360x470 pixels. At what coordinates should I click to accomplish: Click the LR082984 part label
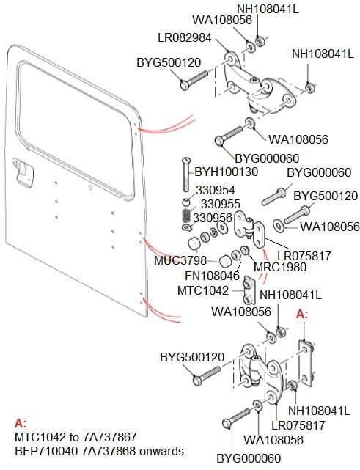(185, 38)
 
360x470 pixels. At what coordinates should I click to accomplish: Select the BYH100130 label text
(227, 172)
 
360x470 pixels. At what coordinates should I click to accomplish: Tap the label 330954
(216, 190)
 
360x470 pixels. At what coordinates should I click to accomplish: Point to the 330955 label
(221, 204)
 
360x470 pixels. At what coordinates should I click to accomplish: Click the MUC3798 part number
(180, 260)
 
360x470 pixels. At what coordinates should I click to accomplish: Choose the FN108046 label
(212, 276)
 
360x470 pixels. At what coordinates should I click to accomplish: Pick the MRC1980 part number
(280, 267)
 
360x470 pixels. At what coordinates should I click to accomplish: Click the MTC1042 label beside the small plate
(203, 290)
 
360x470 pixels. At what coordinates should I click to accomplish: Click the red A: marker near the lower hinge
(302, 314)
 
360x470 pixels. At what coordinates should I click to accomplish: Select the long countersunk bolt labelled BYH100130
(185, 175)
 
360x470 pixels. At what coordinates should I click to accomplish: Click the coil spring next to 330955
(186, 216)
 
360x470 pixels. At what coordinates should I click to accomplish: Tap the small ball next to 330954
(186, 201)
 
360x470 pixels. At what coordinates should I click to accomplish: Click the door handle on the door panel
(23, 173)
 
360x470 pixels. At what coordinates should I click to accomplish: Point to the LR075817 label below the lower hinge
(298, 425)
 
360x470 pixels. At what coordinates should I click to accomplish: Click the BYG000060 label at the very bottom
(249, 458)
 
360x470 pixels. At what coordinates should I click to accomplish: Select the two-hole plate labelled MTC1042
(249, 290)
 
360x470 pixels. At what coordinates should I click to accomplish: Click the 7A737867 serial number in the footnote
(109, 437)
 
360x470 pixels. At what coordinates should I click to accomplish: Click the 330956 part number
(213, 218)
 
